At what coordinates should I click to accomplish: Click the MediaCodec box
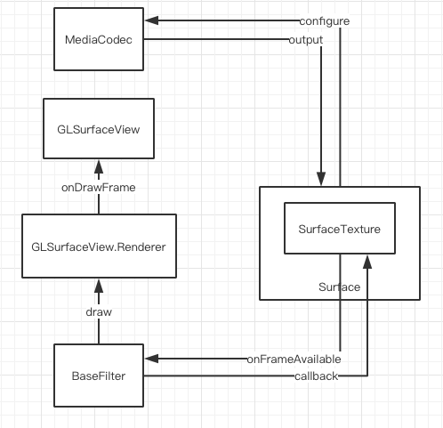click(x=99, y=39)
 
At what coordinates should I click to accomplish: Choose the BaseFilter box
click(x=99, y=376)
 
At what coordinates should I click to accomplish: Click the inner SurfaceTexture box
click(x=338, y=229)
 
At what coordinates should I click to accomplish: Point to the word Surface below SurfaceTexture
click(x=339, y=287)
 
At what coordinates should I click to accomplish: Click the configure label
click(x=324, y=21)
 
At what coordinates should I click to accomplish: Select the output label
click(x=306, y=40)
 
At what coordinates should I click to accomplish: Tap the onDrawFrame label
click(x=99, y=189)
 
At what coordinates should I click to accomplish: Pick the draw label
click(x=99, y=313)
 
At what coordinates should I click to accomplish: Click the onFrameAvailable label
click(x=294, y=359)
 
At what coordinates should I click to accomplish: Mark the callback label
click(x=315, y=377)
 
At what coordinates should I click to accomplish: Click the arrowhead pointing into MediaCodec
click(x=151, y=21)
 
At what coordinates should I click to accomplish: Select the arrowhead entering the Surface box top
click(x=319, y=181)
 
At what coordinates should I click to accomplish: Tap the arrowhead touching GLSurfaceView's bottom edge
click(x=99, y=166)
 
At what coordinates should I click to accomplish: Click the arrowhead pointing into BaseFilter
click(x=151, y=359)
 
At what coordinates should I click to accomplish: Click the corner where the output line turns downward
click(x=319, y=40)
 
